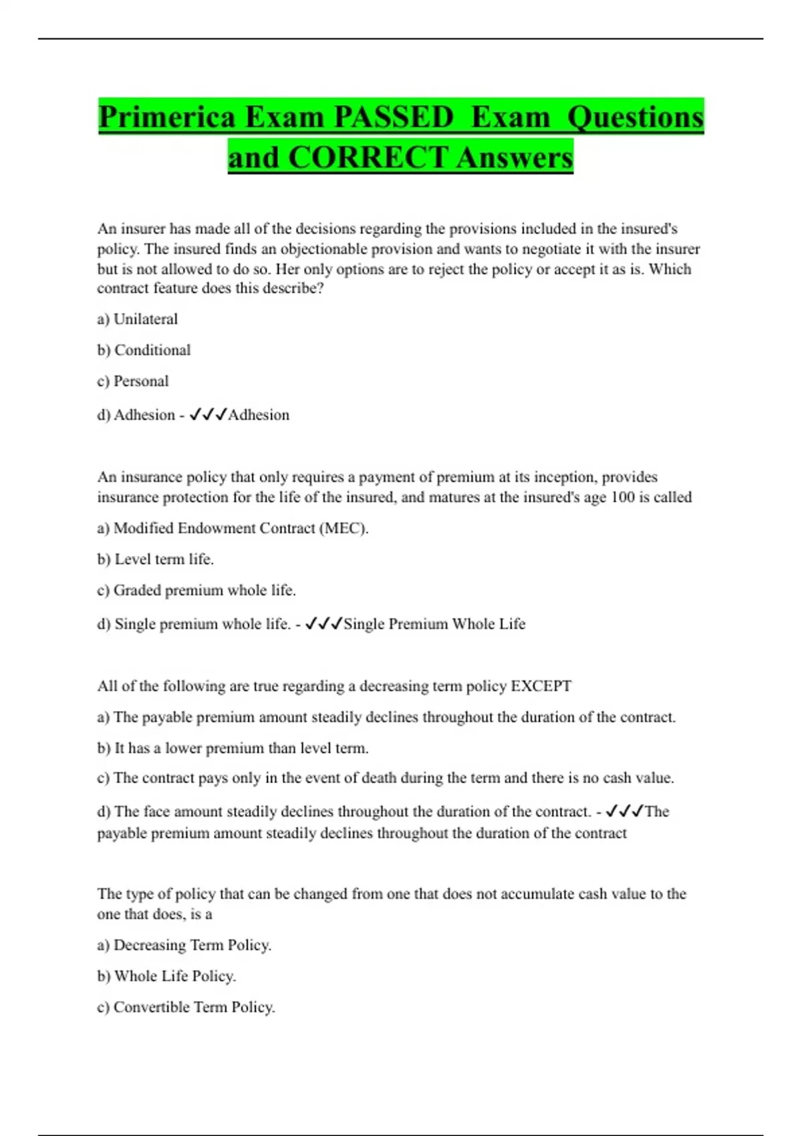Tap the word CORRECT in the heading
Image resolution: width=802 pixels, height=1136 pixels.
368,158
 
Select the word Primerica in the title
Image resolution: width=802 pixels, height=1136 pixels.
167,118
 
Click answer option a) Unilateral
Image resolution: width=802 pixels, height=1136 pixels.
138,319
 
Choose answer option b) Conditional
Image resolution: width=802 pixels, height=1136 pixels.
144,350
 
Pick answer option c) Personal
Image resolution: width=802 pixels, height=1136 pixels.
133,382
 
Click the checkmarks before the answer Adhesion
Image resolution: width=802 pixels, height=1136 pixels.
208,415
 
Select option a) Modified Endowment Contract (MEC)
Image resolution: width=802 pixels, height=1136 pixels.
233,529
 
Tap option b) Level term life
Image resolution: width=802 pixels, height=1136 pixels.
155,559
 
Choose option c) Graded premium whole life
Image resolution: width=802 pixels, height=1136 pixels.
196,591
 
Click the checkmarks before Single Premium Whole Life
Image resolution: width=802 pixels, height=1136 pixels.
323,624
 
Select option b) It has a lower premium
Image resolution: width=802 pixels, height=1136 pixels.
233,748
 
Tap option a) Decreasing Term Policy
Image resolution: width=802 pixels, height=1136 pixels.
184,946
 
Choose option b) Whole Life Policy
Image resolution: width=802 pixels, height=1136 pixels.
166,976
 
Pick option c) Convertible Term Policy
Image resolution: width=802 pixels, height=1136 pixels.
186,1008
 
